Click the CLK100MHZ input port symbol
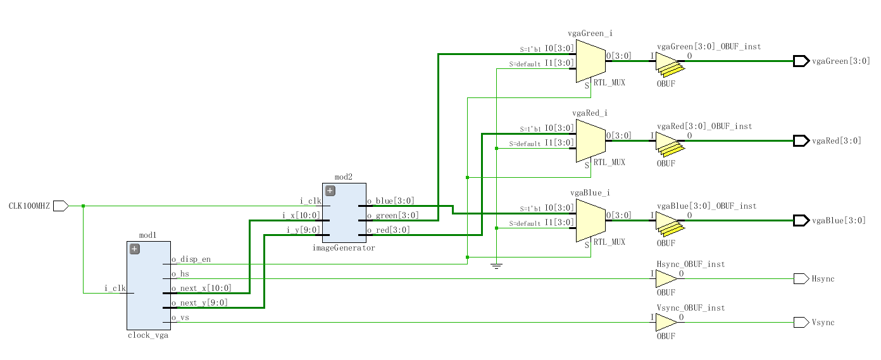pyautogui.click(x=61, y=206)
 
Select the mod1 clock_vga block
pyautogui.click(x=148, y=297)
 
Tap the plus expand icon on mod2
pyautogui.click(x=330, y=191)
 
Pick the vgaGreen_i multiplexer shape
pyautogui.click(x=590, y=61)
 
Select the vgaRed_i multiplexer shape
pyautogui.click(x=590, y=141)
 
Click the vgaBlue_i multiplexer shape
pyautogui.click(x=590, y=220)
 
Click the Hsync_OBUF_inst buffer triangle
pyautogui.click(x=665, y=278)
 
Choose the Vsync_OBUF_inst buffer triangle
pyautogui.click(x=665, y=323)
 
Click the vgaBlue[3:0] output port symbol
pyautogui.click(x=801, y=220)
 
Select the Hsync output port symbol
pyautogui.click(x=801, y=278)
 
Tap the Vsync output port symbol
pyautogui.click(x=801, y=323)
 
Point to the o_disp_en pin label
pyautogui.click(x=191, y=259)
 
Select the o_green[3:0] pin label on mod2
pyautogui.click(x=391, y=216)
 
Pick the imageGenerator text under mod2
pyautogui.click(x=344, y=248)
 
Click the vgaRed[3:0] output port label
pyautogui.click(x=836, y=141)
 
